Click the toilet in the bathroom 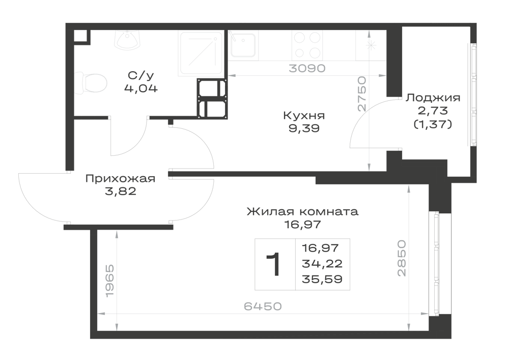(x=91, y=84)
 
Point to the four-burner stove (x=307, y=45)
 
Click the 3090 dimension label (x=307, y=69)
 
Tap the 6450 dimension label (x=263, y=306)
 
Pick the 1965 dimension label (x=110, y=281)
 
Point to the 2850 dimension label (x=402, y=258)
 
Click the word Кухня (x=304, y=116)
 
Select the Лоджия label (x=433, y=98)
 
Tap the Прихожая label (x=121, y=179)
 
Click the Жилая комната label (x=302, y=212)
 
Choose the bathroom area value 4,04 (x=141, y=88)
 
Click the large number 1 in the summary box (x=274, y=264)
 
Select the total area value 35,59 (x=322, y=279)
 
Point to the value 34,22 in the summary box (x=322, y=264)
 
